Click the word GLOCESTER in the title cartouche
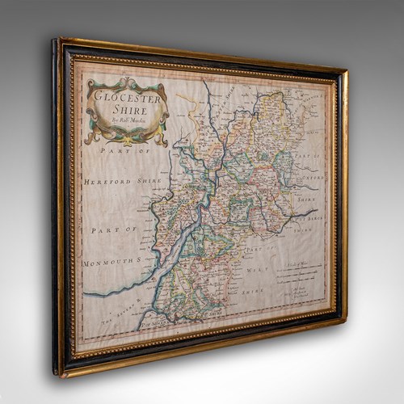[x=127, y=95]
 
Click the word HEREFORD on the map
[x=103, y=182]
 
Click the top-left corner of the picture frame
[x=55, y=38]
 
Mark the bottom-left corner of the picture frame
[x=58, y=374]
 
